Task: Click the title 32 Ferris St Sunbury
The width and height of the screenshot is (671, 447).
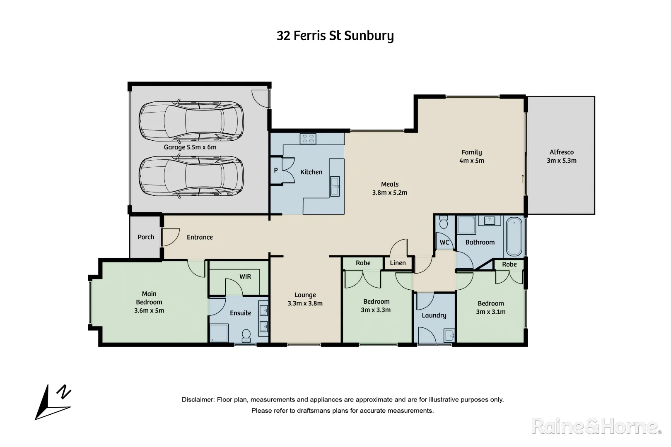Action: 335,36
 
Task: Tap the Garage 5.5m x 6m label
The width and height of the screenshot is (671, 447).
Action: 190,147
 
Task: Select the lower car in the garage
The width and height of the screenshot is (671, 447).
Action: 191,176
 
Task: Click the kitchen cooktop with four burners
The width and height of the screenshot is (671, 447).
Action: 308,138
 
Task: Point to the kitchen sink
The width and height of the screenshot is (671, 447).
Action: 335,186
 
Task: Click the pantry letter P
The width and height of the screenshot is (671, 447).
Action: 276,170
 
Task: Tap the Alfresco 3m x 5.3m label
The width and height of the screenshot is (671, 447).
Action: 561,156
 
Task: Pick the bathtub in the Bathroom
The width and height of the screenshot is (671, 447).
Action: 514,236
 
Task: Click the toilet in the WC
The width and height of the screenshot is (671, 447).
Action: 444,223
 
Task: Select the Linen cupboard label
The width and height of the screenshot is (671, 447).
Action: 398,263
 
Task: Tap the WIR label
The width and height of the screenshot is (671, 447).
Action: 245,276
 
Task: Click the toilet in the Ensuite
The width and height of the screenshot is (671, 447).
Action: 246,336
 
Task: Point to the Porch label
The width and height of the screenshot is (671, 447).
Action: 146,237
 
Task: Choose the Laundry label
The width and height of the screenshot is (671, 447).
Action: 434,315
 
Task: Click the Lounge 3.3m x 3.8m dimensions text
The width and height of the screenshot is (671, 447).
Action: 305,303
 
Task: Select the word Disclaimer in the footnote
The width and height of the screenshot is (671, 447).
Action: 197,400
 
